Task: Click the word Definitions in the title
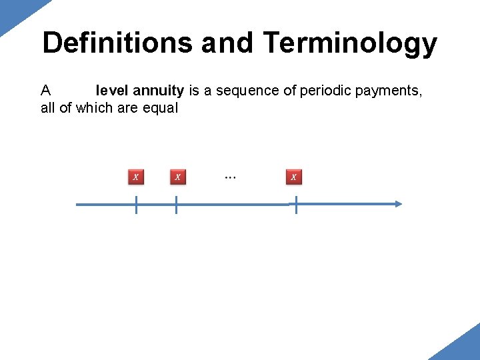click(x=117, y=43)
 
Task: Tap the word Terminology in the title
click(x=350, y=43)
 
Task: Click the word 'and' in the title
click(x=227, y=43)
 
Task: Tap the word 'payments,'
click(x=389, y=90)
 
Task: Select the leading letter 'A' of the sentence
click(x=46, y=90)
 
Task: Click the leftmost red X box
click(x=135, y=177)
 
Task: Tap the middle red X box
click(x=177, y=177)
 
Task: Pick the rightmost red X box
click(x=294, y=177)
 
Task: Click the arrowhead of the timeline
click(x=398, y=205)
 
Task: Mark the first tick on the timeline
click(x=136, y=205)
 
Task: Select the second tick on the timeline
click(x=176, y=205)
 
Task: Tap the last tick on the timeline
click(x=295, y=205)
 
